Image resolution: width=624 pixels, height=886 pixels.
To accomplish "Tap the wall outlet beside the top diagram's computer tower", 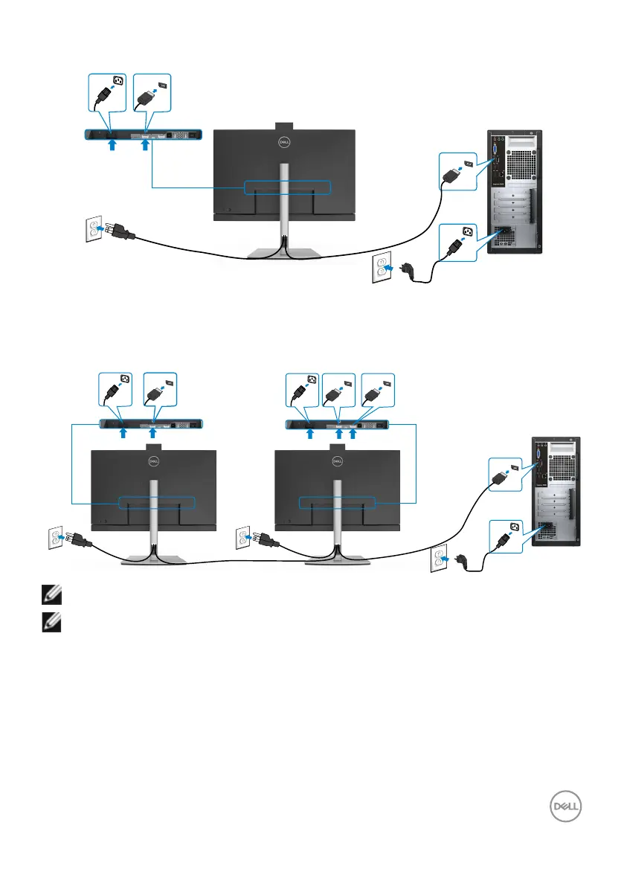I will click(x=382, y=269).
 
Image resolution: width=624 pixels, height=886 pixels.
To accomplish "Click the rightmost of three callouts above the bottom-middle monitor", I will click(x=377, y=390).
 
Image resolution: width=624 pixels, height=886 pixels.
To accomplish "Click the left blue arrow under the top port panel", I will click(x=112, y=146).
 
